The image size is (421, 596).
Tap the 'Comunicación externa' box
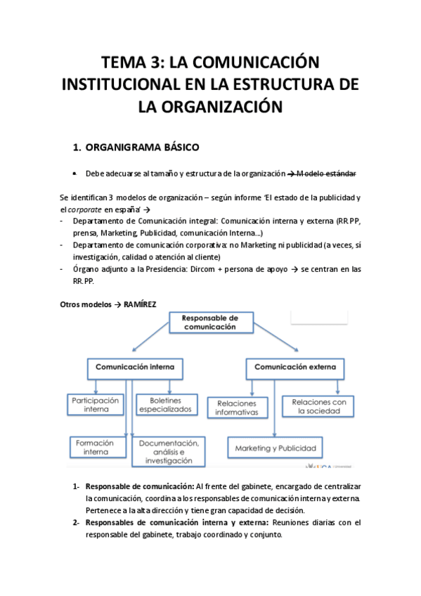tap(294, 367)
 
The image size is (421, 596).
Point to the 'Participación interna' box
tap(96, 403)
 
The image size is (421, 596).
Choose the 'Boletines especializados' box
tap(164, 403)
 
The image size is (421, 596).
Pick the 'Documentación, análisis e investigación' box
tap(169, 451)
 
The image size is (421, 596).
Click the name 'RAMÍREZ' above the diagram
tap(140, 304)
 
